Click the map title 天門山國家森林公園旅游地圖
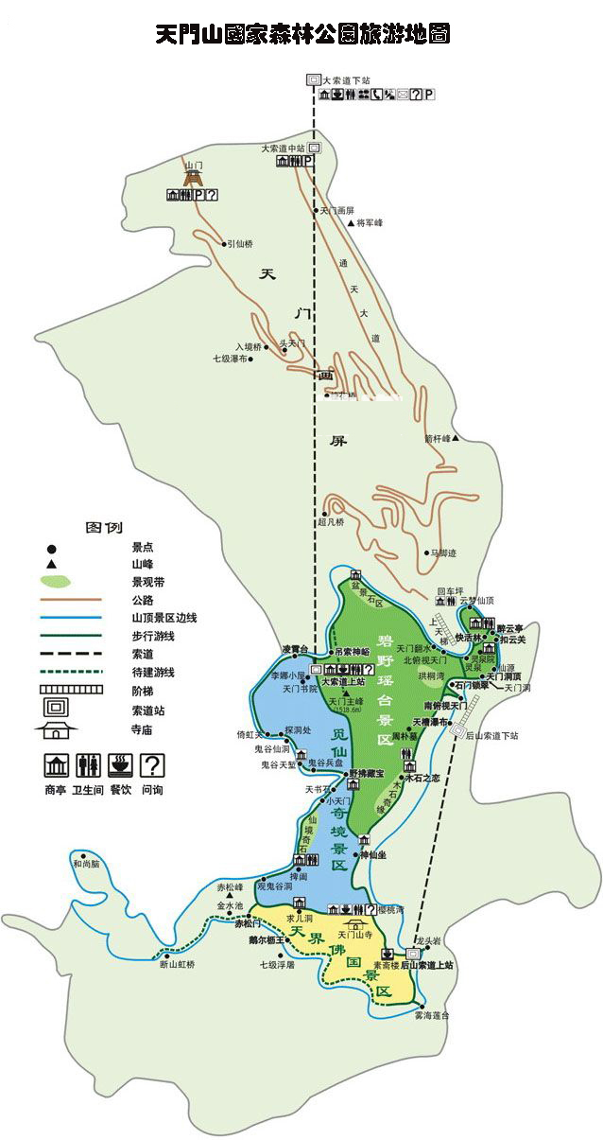[301, 35]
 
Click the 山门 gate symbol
[194, 177]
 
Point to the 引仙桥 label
[241, 244]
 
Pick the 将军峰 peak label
[369, 223]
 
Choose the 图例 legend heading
[104, 527]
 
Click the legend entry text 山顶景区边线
[164, 618]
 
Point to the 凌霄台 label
[296, 649]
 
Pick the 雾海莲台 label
[432, 1015]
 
